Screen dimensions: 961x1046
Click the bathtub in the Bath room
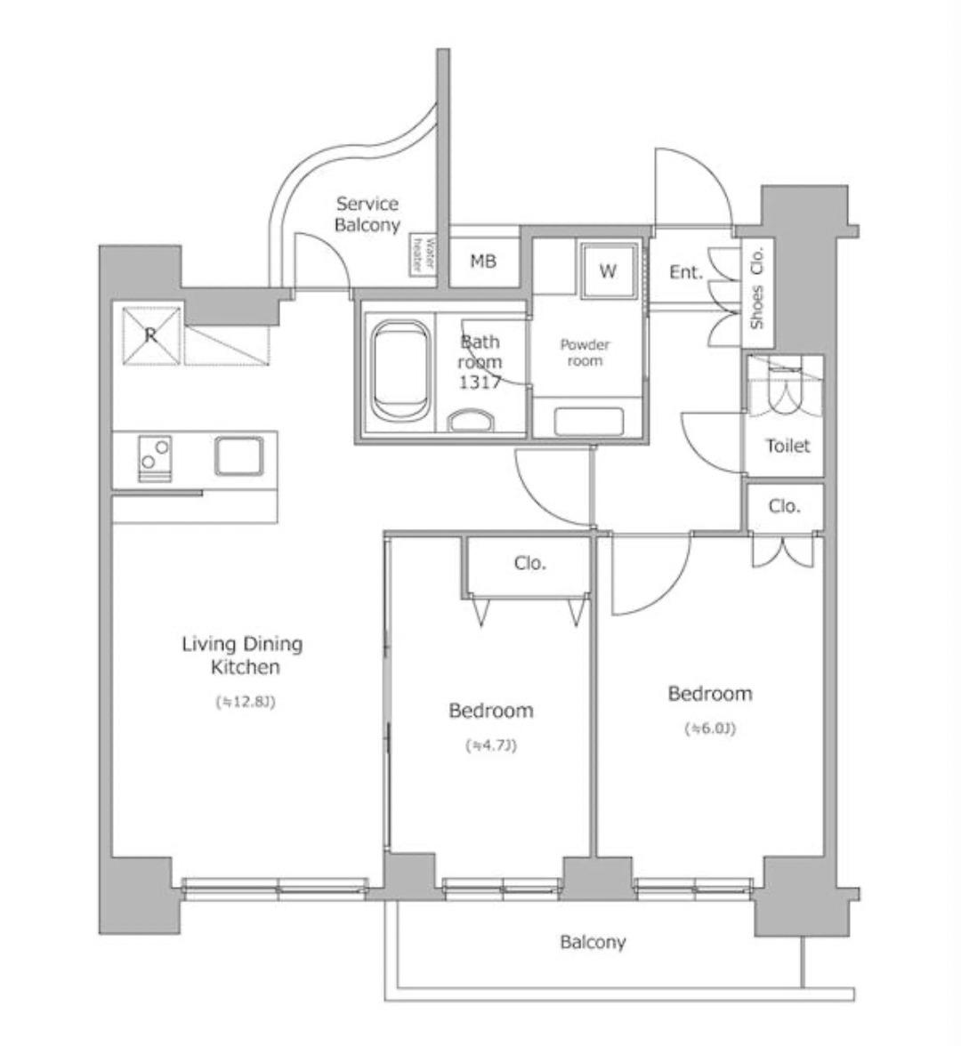[399, 370]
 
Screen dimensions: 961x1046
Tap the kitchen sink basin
[238, 456]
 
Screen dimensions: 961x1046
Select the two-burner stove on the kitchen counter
[155, 458]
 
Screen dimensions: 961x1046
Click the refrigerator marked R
[151, 335]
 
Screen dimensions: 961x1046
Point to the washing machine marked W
[607, 270]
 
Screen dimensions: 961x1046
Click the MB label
[483, 261]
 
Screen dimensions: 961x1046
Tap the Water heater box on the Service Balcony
[424, 255]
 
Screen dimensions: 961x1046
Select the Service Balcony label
[367, 214]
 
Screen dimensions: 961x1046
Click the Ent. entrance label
[686, 272]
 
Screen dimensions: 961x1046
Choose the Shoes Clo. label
[756, 288]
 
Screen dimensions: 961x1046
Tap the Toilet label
[787, 446]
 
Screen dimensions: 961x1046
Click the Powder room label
[585, 353]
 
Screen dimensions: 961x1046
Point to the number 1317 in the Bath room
[480, 382]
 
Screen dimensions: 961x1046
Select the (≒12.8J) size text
[246, 702]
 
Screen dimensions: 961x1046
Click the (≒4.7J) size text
[491, 745]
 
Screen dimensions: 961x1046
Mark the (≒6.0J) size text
[710, 728]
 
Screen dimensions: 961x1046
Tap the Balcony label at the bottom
[593, 942]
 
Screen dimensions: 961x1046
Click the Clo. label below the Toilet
[784, 506]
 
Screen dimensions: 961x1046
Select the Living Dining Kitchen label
[243, 655]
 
